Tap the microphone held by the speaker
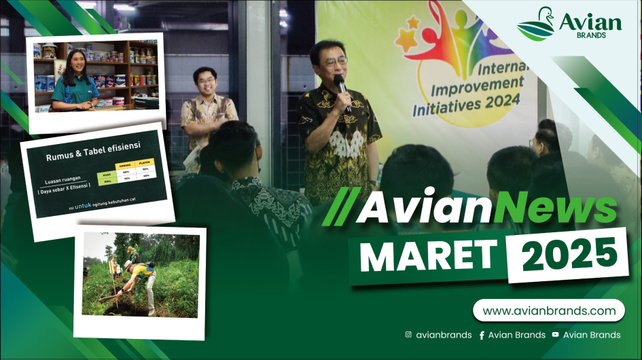tap(341, 88)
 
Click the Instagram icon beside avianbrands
tap(408, 334)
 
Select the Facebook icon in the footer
tap(482, 335)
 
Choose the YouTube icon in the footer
tap(555, 334)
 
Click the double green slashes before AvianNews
tap(338, 210)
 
